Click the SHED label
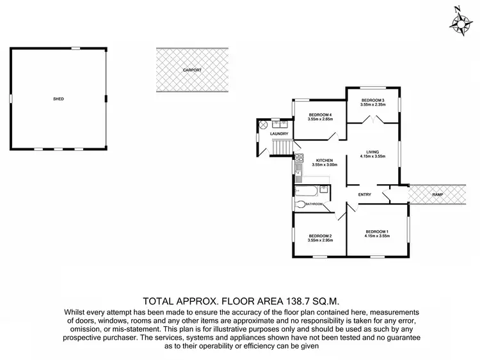[58, 99]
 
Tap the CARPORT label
[191, 69]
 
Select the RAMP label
[437, 194]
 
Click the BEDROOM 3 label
[372, 100]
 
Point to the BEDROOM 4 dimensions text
[320, 119]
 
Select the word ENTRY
[365, 194]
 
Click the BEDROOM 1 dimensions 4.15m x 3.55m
[378, 236]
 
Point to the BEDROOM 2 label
[320, 236]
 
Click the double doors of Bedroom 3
[380, 119]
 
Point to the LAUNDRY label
[279, 134]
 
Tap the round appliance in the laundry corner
[262, 126]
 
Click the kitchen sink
[298, 169]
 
